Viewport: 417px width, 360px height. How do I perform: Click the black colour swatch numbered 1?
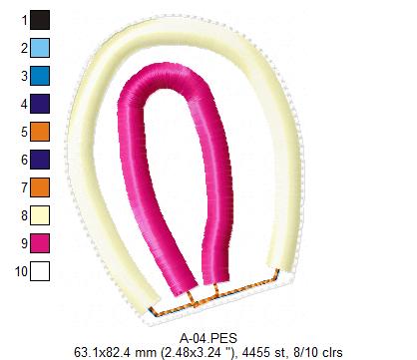tap(40, 20)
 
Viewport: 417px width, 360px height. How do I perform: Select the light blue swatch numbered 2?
tap(40, 48)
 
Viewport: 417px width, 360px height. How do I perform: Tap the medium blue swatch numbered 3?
tap(40, 76)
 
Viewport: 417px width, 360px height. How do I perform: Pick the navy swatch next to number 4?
tap(40, 104)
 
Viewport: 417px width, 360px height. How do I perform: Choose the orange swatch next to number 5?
tap(40, 132)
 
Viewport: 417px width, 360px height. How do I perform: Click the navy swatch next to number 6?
tap(40, 160)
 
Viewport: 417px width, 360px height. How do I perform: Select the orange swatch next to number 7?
tap(40, 187)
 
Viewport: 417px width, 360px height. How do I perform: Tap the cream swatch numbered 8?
tap(40, 215)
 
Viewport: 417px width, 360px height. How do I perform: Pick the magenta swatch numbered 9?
tap(40, 243)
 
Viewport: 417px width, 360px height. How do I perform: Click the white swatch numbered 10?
tap(40, 271)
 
